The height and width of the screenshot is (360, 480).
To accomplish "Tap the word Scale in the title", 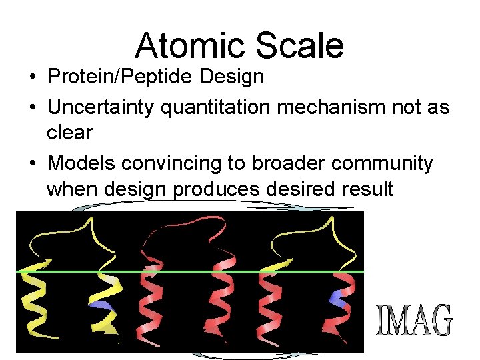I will click(x=295, y=46).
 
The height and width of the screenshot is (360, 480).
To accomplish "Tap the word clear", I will click(x=69, y=132).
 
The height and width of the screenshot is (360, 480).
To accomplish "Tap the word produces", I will click(x=216, y=189).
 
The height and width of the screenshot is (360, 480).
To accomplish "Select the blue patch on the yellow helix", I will click(x=101, y=304).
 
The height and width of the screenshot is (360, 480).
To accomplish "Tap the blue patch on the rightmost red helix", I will click(x=340, y=300).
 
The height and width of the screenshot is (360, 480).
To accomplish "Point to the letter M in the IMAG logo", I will click(x=399, y=321).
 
